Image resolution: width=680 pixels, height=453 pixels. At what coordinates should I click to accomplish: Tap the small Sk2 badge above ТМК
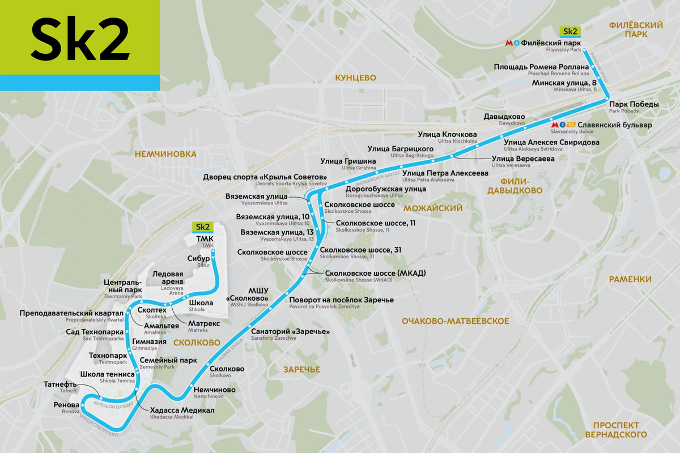203,228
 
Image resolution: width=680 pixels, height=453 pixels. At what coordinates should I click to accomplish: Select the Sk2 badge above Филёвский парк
570,31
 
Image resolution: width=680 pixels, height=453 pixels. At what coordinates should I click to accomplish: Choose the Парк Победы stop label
634,105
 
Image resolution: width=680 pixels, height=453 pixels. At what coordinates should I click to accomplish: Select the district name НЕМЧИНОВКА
165,153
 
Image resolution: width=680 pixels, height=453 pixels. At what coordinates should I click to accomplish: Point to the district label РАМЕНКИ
630,279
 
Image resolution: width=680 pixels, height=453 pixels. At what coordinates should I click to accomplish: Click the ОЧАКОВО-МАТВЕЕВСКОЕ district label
456,321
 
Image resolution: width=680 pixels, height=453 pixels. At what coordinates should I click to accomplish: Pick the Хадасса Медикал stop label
182,410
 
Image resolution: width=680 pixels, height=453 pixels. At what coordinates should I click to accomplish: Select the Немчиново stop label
214,390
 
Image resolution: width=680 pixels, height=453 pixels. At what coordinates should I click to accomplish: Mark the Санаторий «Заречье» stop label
290,331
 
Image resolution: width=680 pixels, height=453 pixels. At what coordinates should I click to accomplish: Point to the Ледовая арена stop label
168,275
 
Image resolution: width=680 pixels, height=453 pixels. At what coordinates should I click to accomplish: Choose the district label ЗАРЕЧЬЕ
301,370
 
